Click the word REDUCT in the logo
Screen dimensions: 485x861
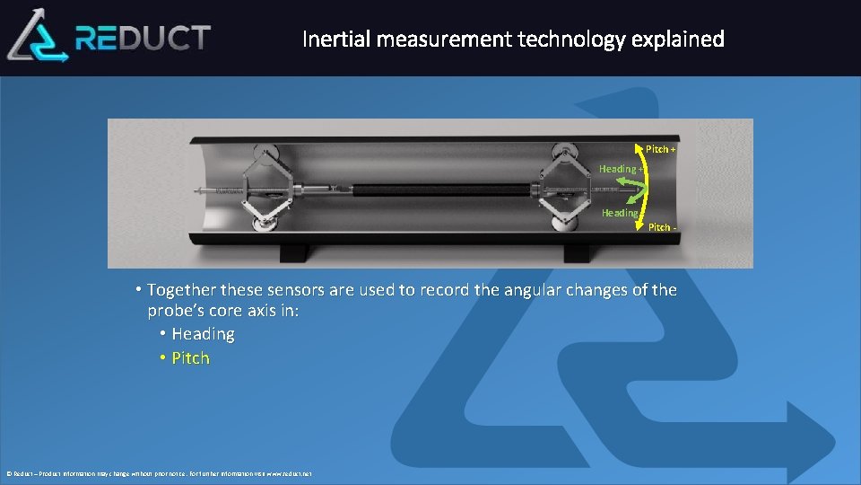tap(143, 38)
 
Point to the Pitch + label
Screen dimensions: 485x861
tap(660, 149)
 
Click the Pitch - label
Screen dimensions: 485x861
tap(662, 227)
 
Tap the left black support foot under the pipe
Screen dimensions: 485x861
tap(292, 252)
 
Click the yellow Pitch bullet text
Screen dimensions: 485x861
tap(190, 358)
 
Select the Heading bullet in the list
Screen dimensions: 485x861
tap(203, 334)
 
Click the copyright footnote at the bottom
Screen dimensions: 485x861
tap(160, 473)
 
